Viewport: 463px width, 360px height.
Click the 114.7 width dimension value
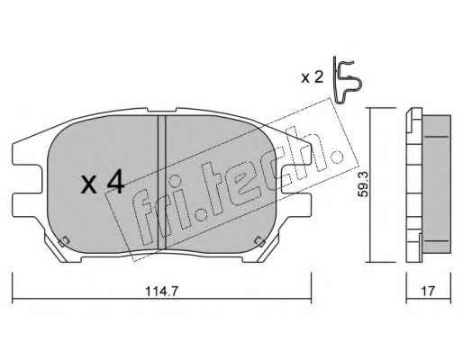162,291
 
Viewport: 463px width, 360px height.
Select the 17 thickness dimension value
428,291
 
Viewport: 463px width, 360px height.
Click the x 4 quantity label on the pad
102,182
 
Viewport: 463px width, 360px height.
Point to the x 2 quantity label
313,77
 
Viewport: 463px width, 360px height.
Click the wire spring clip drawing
347,80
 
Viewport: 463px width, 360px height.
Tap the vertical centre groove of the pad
162,183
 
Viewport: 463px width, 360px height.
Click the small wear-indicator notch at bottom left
64,241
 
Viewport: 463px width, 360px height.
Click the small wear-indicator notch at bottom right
259,241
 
